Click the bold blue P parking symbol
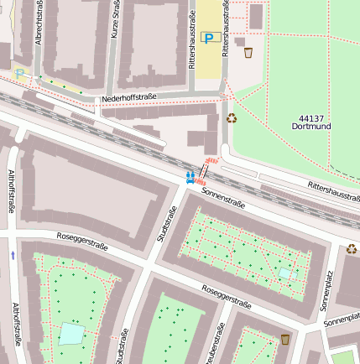(x=211, y=38)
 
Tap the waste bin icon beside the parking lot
(x=248, y=53)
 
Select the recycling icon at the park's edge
(x=232, y=118)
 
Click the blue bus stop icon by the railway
(x=190, y=177)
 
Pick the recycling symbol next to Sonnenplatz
(x=351, y=248)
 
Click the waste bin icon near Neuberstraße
(x=285, y=339)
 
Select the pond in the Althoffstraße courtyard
(x=71, y=334)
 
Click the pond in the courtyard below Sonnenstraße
(x=285, y=273)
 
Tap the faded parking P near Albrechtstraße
(x=19, y=73)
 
